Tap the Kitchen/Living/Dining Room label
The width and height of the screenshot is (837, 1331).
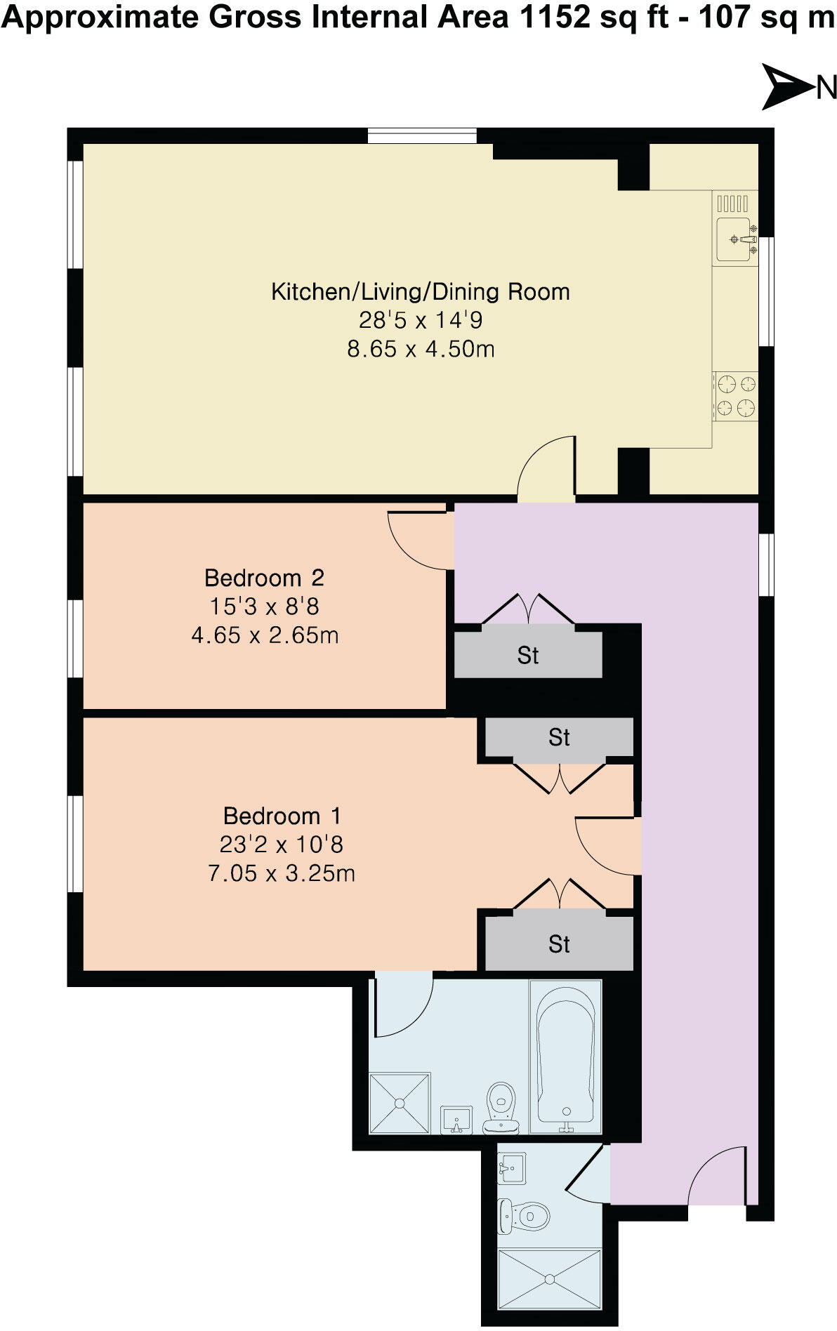tap(420, 291)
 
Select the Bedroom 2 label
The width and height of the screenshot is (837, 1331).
tap(264, 578)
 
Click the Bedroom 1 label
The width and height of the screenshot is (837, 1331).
tap(282, 816)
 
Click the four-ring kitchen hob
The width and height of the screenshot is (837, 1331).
tap(736, 396)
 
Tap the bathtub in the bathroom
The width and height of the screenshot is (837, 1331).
tap(565, 1057)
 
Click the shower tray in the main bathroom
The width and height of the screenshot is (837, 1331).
tap(400, 1103)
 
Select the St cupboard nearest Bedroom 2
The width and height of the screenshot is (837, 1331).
tap(528, 655)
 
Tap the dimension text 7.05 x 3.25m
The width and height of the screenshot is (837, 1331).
tap(282, 873)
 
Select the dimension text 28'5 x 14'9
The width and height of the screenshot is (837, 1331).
tap(421, 320)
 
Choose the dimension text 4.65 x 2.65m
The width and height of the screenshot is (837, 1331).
tap(265, 635)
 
